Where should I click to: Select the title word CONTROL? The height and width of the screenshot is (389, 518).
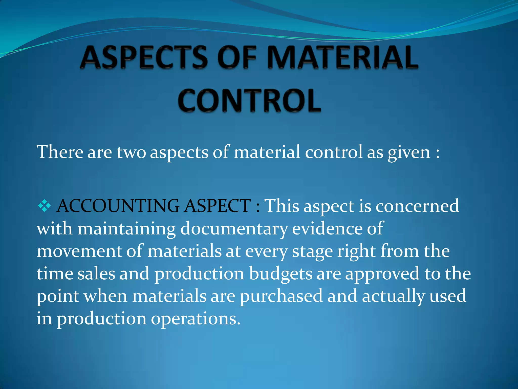tap(249, 101)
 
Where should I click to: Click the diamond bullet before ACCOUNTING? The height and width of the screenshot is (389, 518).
tap(44, 206)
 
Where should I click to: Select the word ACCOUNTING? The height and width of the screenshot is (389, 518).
tap(118, 206)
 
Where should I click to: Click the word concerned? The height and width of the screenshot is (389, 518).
tap(417, 206)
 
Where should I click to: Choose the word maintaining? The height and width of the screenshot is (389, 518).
tap(126, 229)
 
